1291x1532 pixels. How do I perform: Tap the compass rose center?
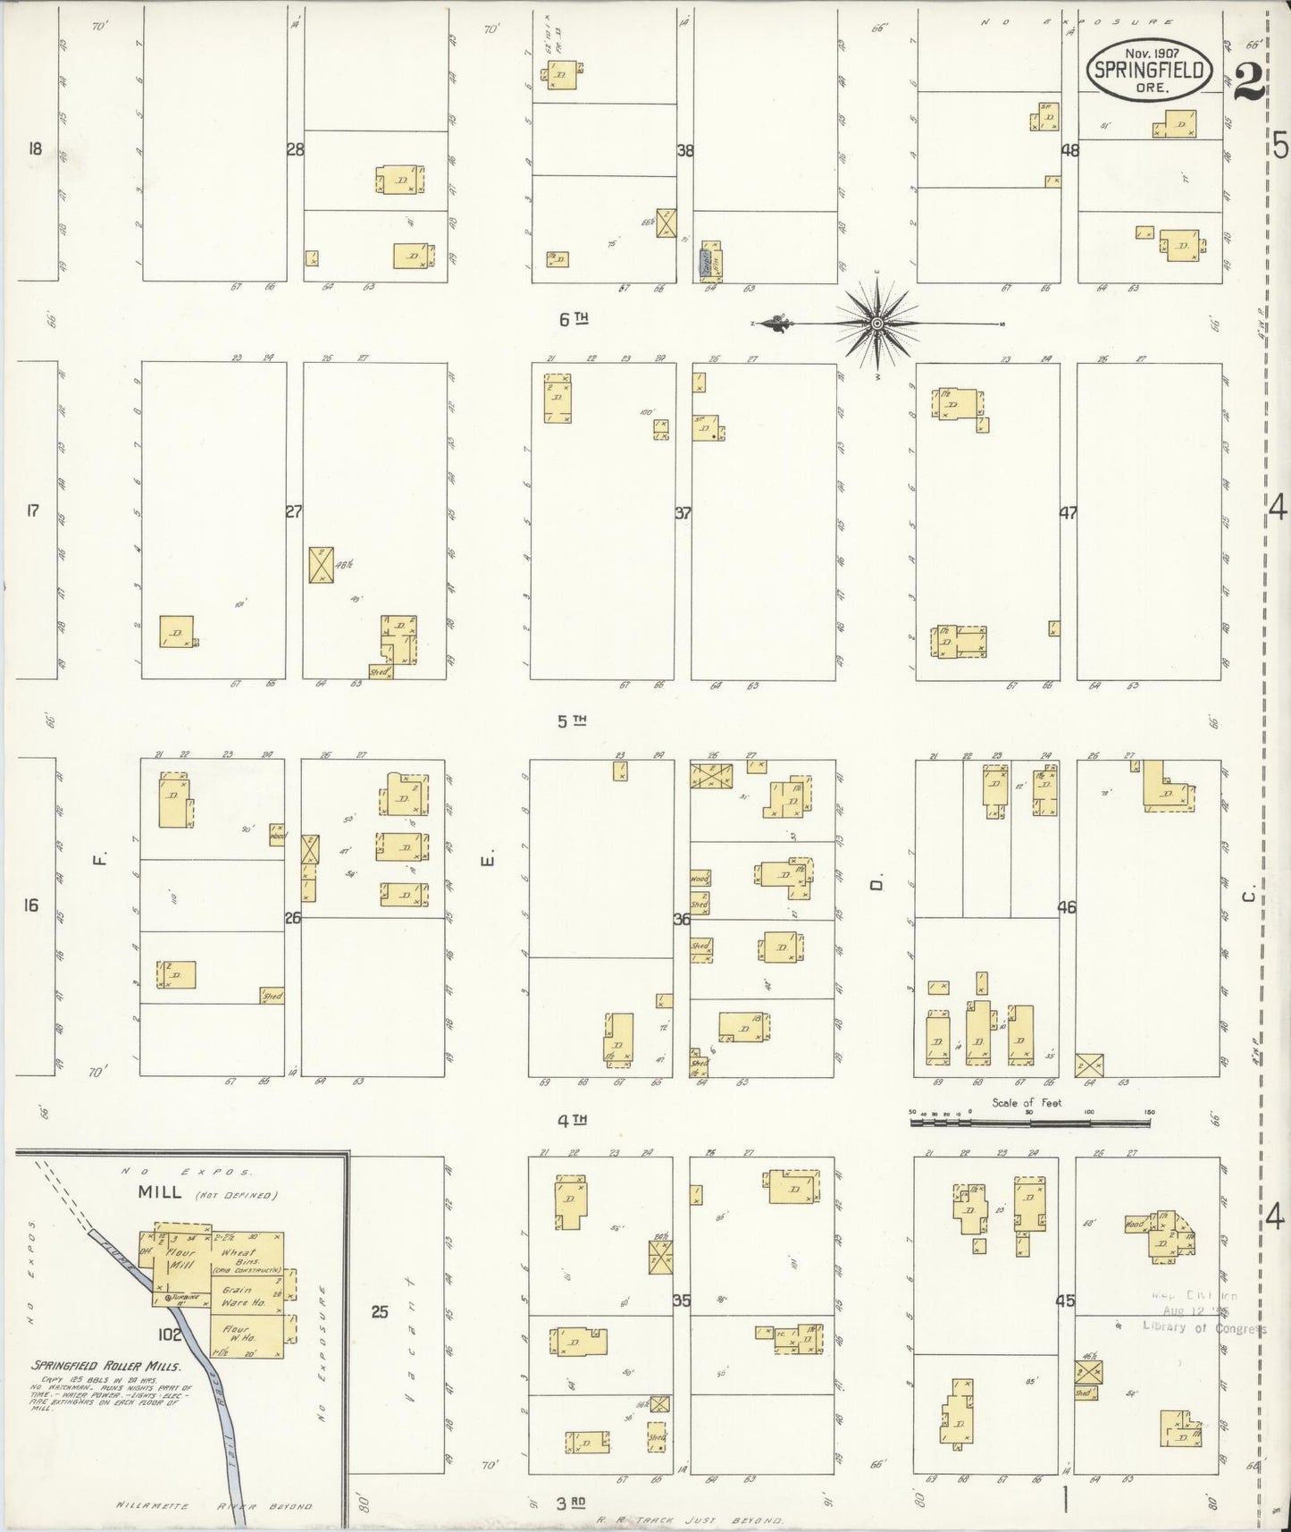coord(877,323)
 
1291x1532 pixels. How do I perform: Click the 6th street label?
coord(574,318)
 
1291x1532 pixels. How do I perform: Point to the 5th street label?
coord(572,720)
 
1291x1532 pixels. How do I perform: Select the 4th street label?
coord(572,1119)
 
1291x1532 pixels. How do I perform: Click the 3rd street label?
coord(572,1503)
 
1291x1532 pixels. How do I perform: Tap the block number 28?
coord(295,150)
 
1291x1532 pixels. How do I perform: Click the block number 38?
coord(685,151)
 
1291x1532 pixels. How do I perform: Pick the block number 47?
coord(1068,513)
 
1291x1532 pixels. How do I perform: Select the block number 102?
coord(170,1336)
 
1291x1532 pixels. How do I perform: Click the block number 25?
coord(380,1312)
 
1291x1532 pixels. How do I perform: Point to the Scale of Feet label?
coord(1027,1103)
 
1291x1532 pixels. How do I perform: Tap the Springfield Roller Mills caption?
coord(106,1366)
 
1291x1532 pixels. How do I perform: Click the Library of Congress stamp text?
coord(1203,1327)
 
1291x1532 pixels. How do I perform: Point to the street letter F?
coord(101,860)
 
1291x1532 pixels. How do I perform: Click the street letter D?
coord(877,884)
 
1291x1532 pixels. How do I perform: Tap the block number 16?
coord(31,905)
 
